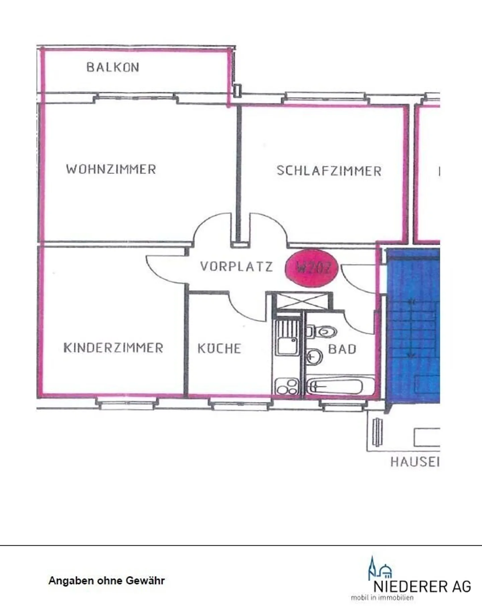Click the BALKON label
click(113, 67)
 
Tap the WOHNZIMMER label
click(111, 169)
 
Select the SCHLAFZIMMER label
click(329, 171)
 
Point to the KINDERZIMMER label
click(113, 348)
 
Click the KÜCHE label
click(219, 348)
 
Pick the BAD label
click(342, 349)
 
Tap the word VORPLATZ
click(236, 267)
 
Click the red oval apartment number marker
click(311, 268)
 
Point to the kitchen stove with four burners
click(287, 386)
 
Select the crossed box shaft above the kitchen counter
click(303, 301)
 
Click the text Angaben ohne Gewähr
click(106, 581)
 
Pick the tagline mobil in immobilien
click(382, 598)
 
